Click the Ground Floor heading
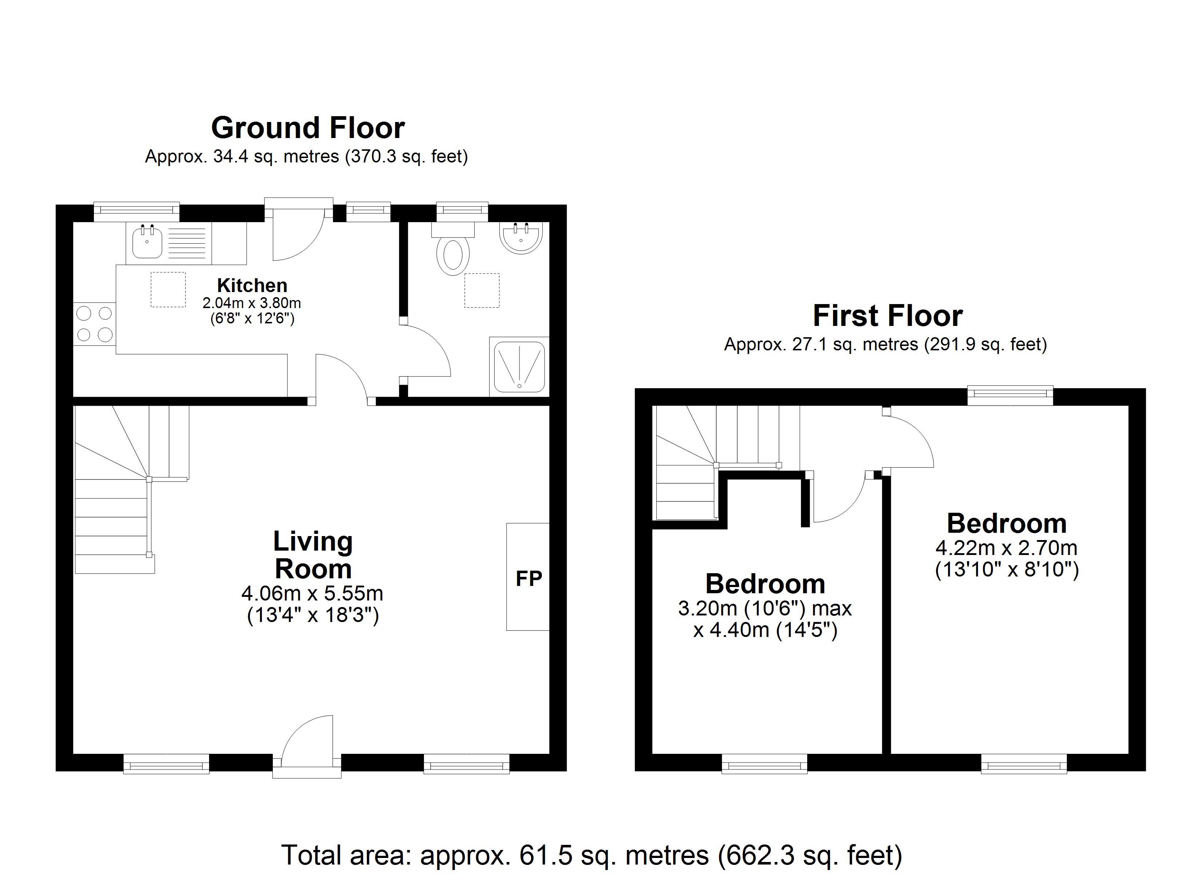308,128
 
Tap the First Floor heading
888,316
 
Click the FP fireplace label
529,579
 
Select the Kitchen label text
252,285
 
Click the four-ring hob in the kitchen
95,324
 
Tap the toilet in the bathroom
453,249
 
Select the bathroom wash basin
521,237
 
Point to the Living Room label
313,555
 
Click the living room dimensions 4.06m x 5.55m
312,593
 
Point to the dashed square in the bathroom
482,291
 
